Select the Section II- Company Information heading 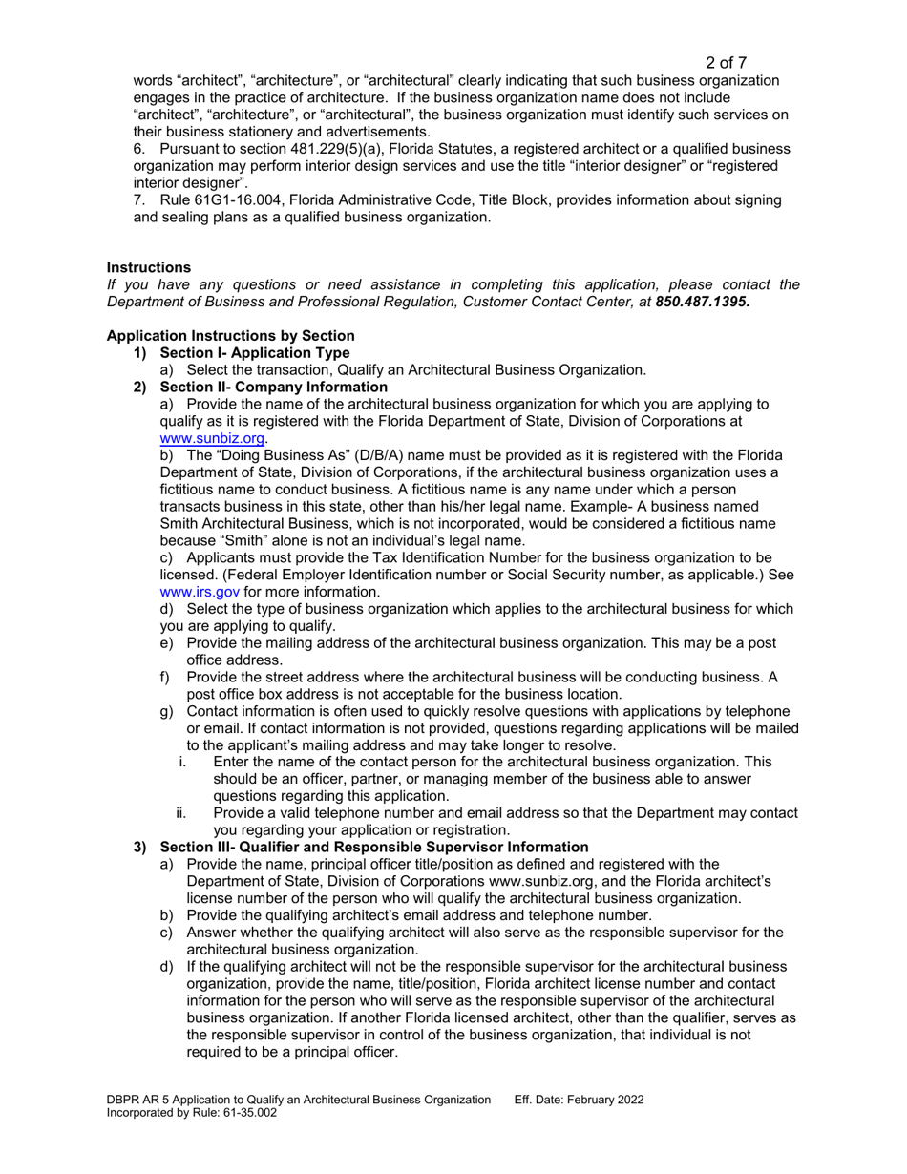pyautogui.click(x=260, y=387)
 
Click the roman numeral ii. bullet pyautogui.click(x=182, y=813)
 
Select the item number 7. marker pyautogui.click(x=138, y=199)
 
